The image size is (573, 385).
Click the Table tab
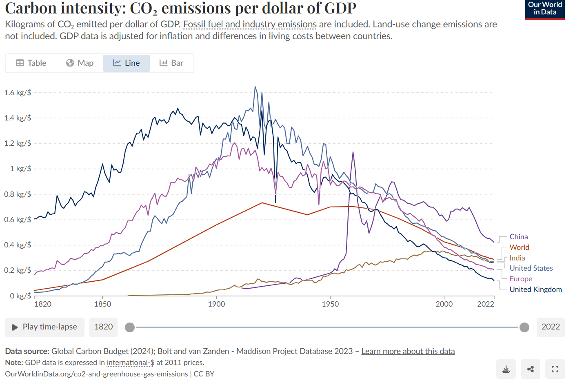click(31, 63)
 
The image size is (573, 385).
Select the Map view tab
click(80, 63)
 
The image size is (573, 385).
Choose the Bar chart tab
click(171, 63)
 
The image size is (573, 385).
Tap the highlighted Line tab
click(127, 63)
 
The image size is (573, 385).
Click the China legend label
click(518, 237)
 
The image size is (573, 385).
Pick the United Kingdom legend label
click(535, 289)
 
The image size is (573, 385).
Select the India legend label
click(517, 258)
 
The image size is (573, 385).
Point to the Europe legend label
click(521, 279)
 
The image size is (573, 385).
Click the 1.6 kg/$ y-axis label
click(18, 93)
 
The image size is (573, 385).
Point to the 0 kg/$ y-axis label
click(20, 296)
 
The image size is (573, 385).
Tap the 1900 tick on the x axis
click(216, 304)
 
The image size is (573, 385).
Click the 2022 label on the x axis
click(486, 304)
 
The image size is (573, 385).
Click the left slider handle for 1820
click(130, 327)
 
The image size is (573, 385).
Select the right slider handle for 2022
click(524, 327)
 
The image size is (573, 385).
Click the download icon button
click(506, 369)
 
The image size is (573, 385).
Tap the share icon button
click(531, 369)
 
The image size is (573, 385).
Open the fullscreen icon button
click(555, 369)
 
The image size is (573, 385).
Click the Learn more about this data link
click(408, 352)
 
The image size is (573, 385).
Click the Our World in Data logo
click(545, 9)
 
